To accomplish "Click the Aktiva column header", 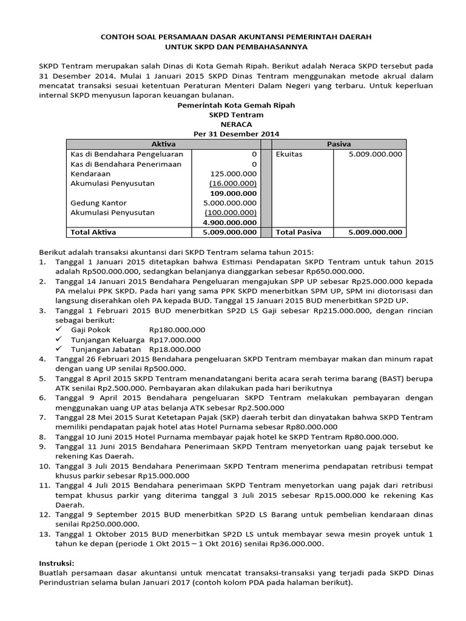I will pyautogui.click(x=163, y=144).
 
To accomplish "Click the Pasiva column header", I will pyautogui.click(x=339, y=144).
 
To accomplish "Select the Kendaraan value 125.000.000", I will pyautogui.click(x=232, y=173).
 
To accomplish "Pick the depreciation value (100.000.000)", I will pyautogui.click(x=231, y=212).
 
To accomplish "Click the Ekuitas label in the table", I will pyautogui.click(x=289, y=154).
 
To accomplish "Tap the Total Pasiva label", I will pyautogui.click(x=299, y=232).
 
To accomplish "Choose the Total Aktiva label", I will pyautogui.click(x=93, y=232).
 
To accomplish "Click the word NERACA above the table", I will pyautogui.click(x=235, y=124).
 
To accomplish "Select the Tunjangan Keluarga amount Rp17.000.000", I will pyautogui.click(x=175, y=340).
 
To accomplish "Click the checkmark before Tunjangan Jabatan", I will pyautogui.click(x=59, y=349).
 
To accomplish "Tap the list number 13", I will pyautogui.click(x=43, y=534).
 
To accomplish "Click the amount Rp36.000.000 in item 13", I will pyautogui.click(x=294, y=543).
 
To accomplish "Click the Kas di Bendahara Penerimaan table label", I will pyautogui.click(x=118, y=164).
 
